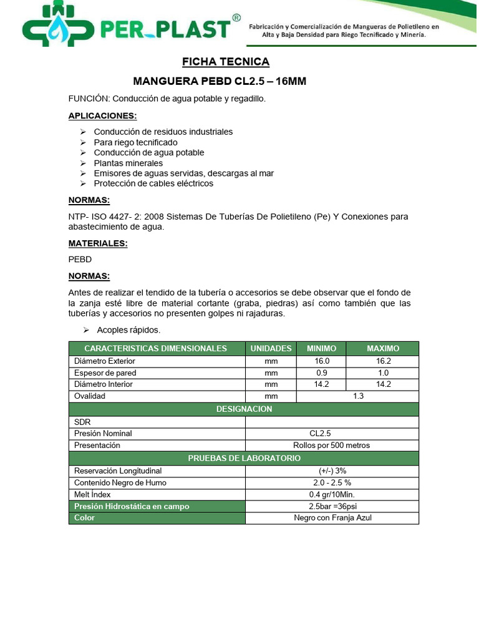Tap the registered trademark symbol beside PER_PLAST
tap(236, 19)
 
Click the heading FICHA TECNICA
tap(226, 62)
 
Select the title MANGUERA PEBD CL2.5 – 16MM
tap(220, 82)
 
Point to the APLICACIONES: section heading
tap(102, 116)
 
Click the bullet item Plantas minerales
tap(128, 163)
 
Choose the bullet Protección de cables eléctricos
tap(153, 183)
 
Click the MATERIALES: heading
tap(98, 243)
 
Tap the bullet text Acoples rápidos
tap(128, 329)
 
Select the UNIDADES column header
tap(271, 348)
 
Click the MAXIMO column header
tap(383, 348)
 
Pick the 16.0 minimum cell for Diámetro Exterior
tap(321, 361)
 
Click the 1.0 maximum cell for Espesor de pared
tap(383, 373)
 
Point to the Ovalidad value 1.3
tap(357, 396)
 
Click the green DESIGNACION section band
tap(244, 409)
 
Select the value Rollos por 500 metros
tap(331, 446)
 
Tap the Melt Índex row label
tap(92, 494)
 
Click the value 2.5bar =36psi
tap(331, 506)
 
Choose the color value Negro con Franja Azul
tap(331, 518)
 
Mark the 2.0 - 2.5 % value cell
tap(331, 482)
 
